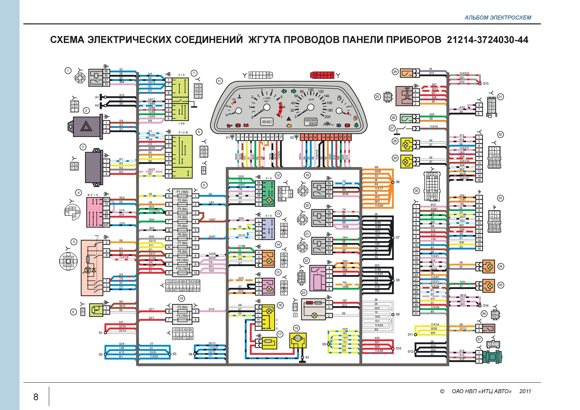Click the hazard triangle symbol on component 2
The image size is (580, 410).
point(86,126)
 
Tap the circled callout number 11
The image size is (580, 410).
point(219,81)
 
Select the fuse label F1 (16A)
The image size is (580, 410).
point(182,192)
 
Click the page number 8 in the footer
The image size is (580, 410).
point(36,397)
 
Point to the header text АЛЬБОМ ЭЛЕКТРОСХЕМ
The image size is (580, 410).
point(498,18)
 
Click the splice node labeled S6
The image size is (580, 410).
point(393,182)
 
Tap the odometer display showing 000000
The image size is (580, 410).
point(310,122)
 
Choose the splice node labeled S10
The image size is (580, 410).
point(393,349)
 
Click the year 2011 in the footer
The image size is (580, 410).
point(525,391)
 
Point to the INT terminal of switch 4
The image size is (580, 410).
point(106,225)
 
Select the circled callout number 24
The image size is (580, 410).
point(395,72)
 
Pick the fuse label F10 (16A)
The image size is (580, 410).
point(182,269)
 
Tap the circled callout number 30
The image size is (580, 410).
point(416,191)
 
